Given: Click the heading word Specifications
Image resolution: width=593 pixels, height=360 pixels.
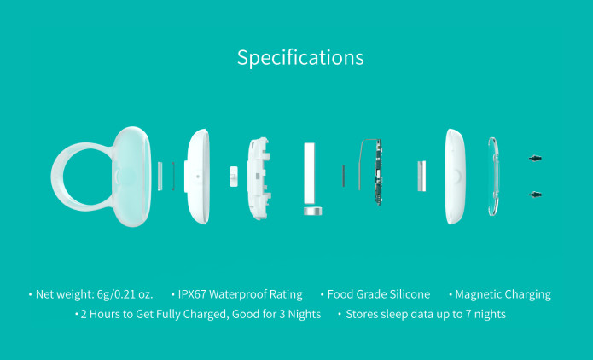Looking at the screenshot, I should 300,58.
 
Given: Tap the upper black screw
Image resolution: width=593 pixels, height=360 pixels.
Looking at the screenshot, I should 536,159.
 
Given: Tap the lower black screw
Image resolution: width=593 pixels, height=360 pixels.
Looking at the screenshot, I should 536,195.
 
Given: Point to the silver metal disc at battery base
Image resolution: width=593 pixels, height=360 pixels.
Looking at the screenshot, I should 313,209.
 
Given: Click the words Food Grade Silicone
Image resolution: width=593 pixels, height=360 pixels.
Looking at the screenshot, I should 380,294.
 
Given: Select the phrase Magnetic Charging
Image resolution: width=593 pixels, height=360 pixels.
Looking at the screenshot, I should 503,294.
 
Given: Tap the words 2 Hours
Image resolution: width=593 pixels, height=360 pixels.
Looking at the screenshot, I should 102,314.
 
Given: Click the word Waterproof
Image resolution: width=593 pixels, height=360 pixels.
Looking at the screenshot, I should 242,294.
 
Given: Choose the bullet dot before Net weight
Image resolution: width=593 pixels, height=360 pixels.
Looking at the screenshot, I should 30,294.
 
